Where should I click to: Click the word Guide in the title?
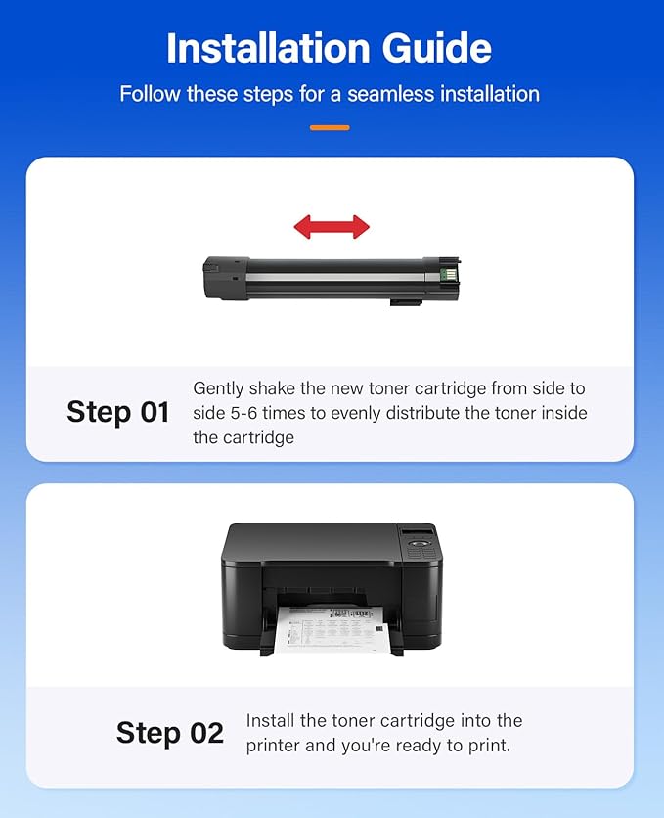pyautogui.click(x=442, y=48)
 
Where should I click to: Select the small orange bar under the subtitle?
pyautogui.click(x=330, y=127)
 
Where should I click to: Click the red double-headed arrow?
pyautogui.click(x=332, y=227)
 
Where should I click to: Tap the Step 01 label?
pyautogui.click(x=118, y=412)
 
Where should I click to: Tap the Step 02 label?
pyautogui.click(x=170, y=733)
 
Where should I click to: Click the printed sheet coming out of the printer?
pyautogui.click(x=332, y=627)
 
